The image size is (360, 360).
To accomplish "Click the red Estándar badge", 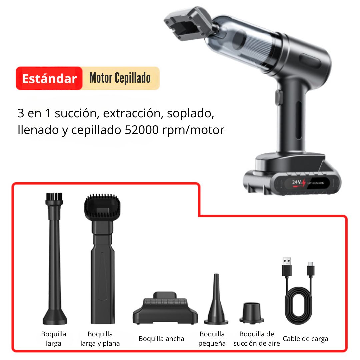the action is click(x=49, y=78).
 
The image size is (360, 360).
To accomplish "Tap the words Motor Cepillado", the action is click(x=120, y=78).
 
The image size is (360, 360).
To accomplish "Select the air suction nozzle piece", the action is click(x=252, y=313).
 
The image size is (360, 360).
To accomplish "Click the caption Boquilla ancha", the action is click(x=161, y=339).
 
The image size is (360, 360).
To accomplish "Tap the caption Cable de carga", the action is click(x=305, y=339).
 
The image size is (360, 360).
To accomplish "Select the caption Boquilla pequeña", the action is click(x=212, y=339).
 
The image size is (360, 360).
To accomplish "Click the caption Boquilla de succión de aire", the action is click(x=257, y=339).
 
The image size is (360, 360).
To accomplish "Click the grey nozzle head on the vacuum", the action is click(x=188, y=23).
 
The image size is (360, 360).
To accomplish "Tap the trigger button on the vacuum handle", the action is click(x=278, y=97).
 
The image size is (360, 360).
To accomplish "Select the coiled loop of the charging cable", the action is click(x=298, y=305).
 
